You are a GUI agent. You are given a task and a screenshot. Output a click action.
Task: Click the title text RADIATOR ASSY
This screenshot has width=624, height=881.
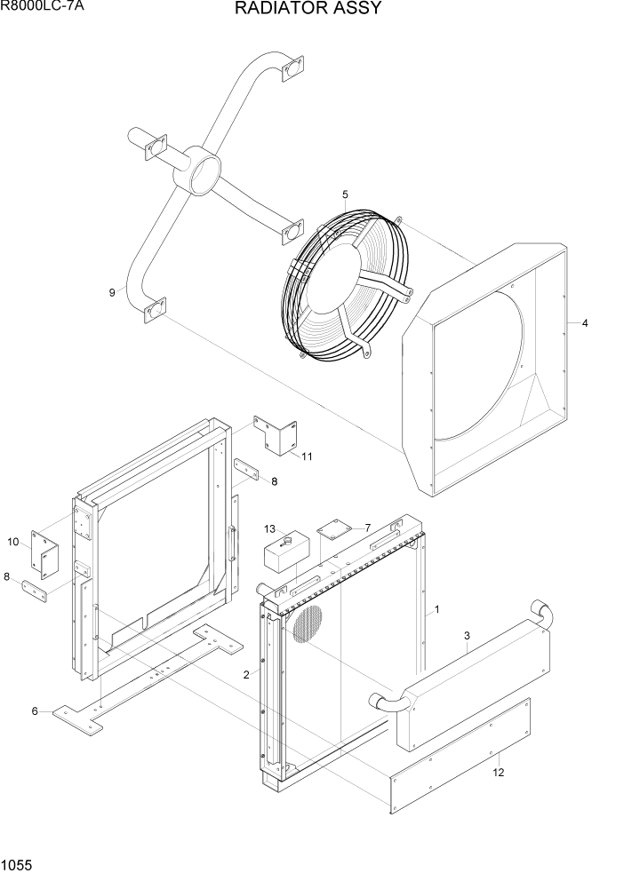(308, 9)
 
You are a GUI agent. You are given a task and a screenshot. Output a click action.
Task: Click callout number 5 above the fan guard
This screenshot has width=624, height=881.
(345, 194)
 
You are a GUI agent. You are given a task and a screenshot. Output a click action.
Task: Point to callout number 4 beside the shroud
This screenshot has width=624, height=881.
(585, 323)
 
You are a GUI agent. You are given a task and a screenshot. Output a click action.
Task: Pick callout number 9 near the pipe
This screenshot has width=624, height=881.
(112, 292)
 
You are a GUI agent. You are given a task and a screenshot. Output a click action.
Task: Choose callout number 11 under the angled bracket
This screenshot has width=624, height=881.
(307, 457)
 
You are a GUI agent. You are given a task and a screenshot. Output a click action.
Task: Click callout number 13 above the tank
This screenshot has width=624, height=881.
(269, 529)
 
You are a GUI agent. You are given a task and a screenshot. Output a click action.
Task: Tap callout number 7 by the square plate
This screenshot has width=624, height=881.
(367, 528)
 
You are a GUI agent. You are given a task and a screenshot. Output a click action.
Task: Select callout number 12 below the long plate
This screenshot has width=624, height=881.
(500, 773)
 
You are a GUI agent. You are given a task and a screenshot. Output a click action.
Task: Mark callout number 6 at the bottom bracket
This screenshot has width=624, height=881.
(36, 710)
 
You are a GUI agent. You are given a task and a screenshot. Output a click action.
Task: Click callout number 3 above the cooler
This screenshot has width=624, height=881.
(467, 636)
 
